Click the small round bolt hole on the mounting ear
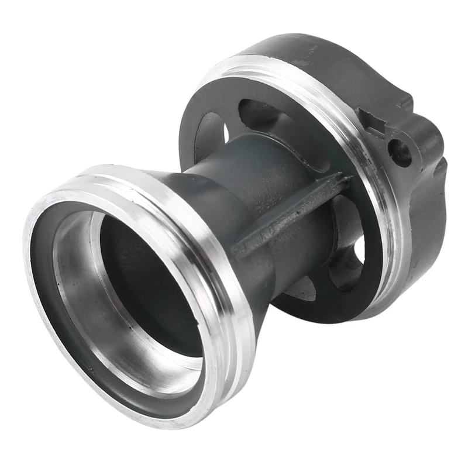[x=400, y=151]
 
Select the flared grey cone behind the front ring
[x=193, y=199]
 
